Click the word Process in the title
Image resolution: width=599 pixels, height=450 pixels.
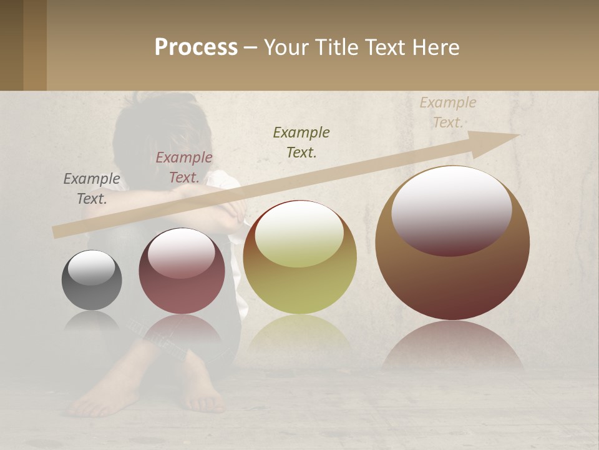[x=196, y=47]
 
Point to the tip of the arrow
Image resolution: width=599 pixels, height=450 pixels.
[x=518, y=135]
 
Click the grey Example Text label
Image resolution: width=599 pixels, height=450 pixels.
[x=92, y=189]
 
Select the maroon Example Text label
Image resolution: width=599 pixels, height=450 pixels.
[x=184, y=167]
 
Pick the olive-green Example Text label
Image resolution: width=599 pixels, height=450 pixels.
[x=301, y=142]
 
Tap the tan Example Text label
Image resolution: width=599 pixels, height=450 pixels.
[x=448, y=112]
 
